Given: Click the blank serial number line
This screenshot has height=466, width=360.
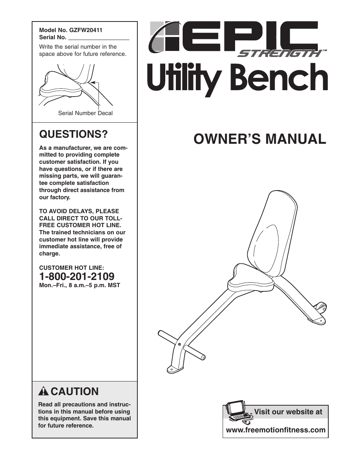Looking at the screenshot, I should (x=98, y=37).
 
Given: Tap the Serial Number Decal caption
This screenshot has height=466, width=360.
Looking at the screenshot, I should (x=85, y=113).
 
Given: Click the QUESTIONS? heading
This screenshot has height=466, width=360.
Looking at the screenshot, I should (x=74, y=134).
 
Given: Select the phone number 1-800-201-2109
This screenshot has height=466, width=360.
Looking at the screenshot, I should (x=77, y=277).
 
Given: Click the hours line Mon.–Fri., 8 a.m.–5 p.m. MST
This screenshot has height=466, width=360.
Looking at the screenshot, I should (x=80, y=285).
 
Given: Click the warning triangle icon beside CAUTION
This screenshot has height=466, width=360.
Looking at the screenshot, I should (x=44, y=391).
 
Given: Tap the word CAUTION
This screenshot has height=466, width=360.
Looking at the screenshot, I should (x=74, y=391).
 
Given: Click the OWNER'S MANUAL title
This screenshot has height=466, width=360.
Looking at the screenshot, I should (x=260, y=139).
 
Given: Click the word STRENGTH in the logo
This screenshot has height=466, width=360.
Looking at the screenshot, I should (x=278, y=53).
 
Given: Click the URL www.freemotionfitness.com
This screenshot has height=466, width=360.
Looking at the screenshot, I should (x=275, y=430).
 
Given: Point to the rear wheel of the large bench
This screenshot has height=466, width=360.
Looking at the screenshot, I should (x=321, y=308).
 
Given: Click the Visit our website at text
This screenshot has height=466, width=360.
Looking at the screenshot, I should (x=288, y=412).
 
